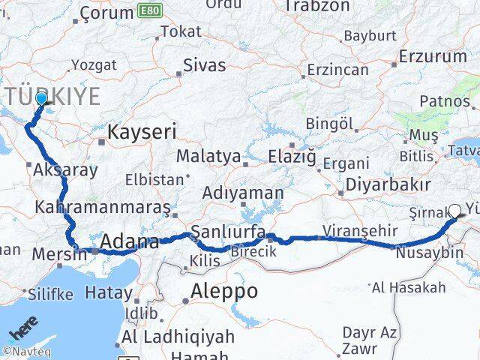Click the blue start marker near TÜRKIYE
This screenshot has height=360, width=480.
(40, 98)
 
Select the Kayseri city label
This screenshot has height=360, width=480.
(142, 133)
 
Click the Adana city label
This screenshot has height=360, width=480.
(129, 243)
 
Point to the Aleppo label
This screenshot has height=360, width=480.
(224, 290)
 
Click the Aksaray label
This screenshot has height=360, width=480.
(65, 170)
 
